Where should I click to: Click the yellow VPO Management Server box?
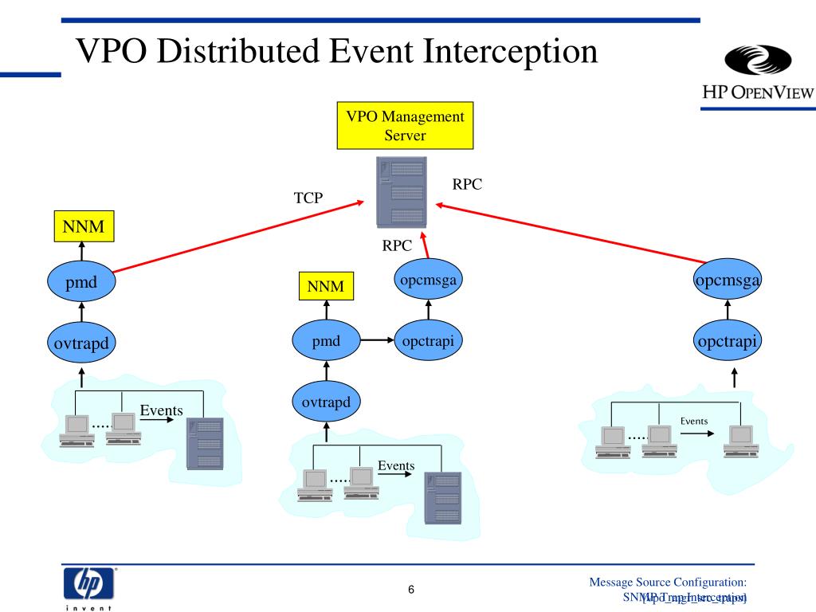tap(405, 125)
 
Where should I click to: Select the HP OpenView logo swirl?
tap(755, 65)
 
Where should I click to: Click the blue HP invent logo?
tap(88, 584)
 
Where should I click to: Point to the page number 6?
tap(410, 590)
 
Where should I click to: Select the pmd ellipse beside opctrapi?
tap(326, 342)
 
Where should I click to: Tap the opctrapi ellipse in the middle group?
tap(428, 342)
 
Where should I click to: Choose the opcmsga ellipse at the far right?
tap(727, 280)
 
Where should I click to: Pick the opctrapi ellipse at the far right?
tap(727, 342)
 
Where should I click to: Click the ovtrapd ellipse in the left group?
tap(81, 343)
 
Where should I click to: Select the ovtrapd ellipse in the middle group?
tap(326, 402)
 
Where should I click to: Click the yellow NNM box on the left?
tap(83, 226)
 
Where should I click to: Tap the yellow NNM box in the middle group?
tap(326, 286)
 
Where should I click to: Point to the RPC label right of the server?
tap(468, 184)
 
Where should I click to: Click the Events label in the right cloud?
tap(694, 421)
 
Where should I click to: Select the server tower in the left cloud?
tap(204, 442)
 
